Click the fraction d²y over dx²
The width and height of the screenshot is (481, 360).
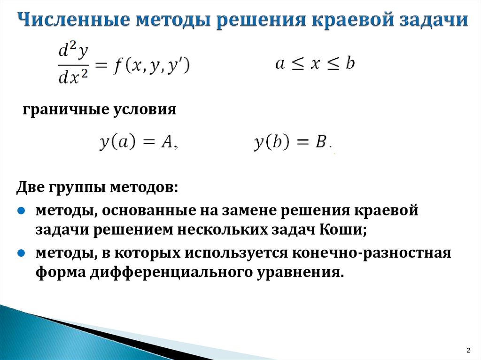coord(73,64)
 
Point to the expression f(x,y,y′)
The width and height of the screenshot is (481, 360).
coord(152,65)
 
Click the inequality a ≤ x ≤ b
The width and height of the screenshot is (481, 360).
coord(315,63)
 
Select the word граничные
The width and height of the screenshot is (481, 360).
coord(66,109)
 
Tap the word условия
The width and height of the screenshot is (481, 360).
coord(145,109)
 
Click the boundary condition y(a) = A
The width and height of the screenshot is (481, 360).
coord(139,142)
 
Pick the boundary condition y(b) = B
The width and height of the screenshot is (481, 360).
coord(293,142)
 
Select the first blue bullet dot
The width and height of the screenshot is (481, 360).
coord(21,211)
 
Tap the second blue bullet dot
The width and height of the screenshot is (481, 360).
coord(21,253)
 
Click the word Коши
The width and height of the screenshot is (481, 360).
coord(343,230)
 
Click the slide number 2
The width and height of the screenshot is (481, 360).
coord(468,350)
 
